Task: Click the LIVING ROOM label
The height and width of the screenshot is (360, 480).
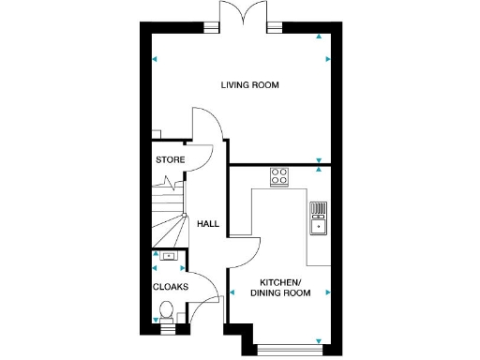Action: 250,85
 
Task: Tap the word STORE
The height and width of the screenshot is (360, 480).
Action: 170,160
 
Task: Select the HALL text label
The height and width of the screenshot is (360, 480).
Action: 207,223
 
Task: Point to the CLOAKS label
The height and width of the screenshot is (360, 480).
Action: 170,286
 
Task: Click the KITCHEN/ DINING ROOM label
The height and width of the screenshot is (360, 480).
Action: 279,288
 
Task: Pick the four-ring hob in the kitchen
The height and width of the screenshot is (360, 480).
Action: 279,175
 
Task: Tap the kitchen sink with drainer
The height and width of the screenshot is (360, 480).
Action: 318,217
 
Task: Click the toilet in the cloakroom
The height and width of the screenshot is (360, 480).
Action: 168,323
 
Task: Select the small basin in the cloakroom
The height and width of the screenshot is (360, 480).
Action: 169,255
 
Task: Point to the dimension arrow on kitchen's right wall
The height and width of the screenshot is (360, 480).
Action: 327,292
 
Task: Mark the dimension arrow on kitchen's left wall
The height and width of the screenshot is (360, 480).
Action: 232,292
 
